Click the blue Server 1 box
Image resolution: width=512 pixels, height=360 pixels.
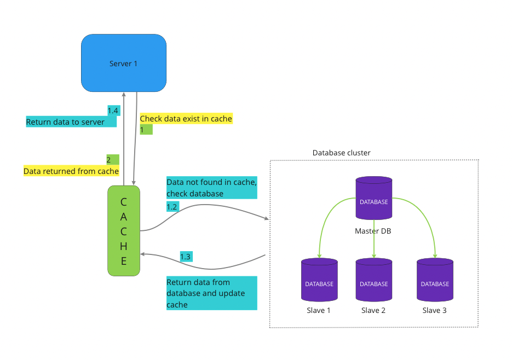124,63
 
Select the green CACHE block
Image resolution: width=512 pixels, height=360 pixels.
124,230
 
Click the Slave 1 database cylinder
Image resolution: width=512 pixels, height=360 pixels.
319,280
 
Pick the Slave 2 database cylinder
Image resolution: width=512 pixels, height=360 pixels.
373,280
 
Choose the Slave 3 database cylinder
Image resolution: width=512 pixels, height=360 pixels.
435,280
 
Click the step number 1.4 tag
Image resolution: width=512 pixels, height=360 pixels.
113,111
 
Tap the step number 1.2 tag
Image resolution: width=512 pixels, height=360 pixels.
172,207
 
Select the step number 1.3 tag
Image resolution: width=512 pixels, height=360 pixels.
186,256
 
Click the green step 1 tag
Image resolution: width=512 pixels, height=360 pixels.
146,130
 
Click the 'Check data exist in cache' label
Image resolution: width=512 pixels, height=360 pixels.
186,119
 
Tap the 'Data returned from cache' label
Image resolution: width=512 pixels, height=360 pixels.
71,171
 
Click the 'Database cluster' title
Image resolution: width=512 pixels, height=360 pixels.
342,153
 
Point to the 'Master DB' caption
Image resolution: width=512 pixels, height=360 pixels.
373,231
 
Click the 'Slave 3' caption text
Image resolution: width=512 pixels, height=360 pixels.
435,310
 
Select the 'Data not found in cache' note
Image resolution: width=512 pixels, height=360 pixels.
211,188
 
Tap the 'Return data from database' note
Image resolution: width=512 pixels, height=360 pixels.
211,293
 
